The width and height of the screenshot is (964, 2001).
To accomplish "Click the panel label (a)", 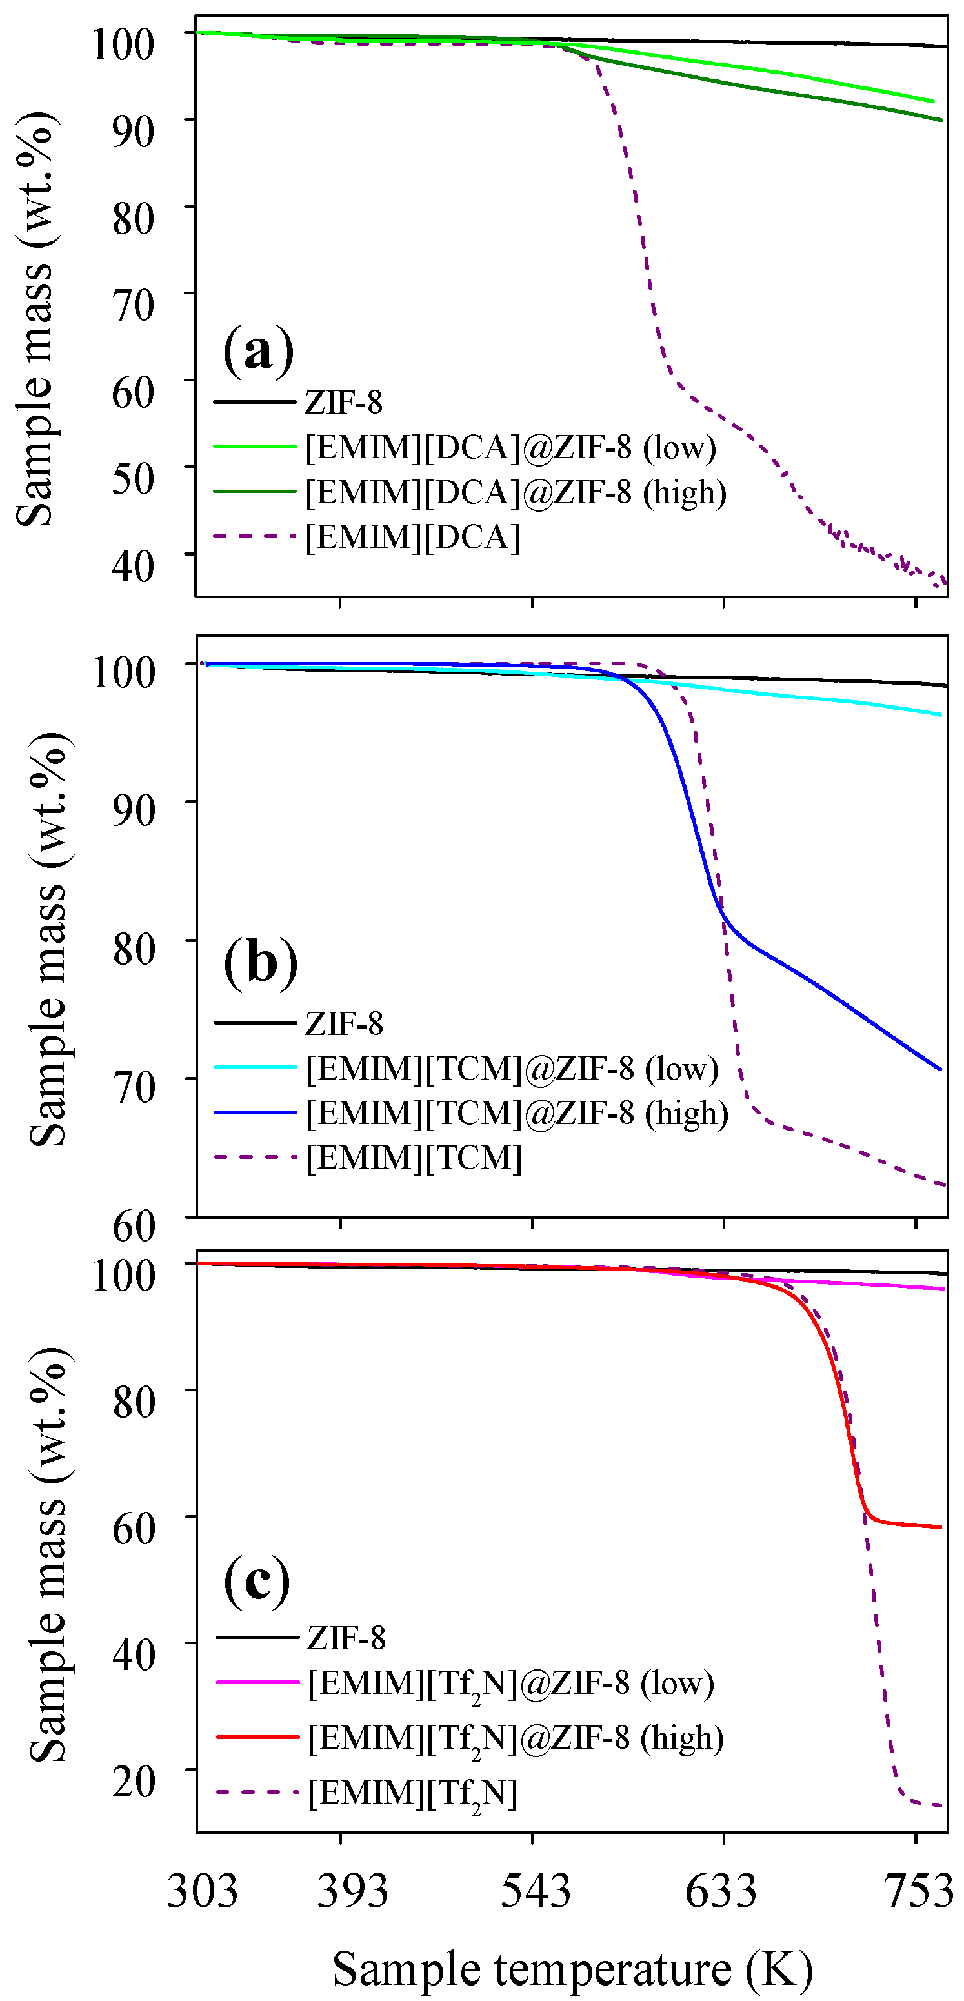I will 258,350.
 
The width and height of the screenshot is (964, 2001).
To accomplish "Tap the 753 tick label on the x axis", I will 919,1891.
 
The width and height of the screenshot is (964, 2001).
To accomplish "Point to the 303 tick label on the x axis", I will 202,1891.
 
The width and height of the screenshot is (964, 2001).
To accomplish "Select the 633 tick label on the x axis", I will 720,1891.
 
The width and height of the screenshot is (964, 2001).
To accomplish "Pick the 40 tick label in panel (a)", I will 133,565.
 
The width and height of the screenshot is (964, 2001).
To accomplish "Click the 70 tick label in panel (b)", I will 134,1087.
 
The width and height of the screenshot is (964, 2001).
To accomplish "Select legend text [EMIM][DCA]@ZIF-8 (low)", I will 510,447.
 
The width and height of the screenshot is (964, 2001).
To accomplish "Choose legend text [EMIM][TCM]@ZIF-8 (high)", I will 517,1113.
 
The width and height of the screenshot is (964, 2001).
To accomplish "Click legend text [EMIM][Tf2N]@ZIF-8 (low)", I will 510,1684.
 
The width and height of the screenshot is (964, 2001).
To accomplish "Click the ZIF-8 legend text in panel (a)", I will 343,403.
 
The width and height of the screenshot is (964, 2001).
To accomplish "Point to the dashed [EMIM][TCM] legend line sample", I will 256,1158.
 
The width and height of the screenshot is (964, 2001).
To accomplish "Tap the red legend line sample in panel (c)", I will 257,1737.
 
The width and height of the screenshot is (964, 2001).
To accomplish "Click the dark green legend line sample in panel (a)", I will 255,492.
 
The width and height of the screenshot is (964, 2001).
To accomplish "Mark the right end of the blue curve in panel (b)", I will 941,1070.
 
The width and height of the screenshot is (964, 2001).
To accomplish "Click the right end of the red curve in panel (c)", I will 941,1527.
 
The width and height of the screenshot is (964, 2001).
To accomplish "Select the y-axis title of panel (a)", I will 35,319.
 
